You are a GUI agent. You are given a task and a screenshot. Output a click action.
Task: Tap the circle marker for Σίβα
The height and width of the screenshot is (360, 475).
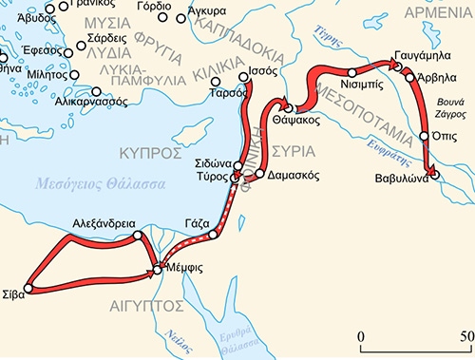pos(29,287)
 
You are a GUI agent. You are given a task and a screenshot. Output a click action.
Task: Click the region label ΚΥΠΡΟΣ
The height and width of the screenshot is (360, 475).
pos(148,152)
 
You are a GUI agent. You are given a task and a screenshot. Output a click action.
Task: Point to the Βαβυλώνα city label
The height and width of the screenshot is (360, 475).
pos(398,175)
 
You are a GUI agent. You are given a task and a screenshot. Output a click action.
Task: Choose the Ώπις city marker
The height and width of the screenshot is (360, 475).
pos(424,137)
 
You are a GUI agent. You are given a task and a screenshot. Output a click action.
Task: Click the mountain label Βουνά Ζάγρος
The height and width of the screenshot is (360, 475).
pos(451,105)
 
